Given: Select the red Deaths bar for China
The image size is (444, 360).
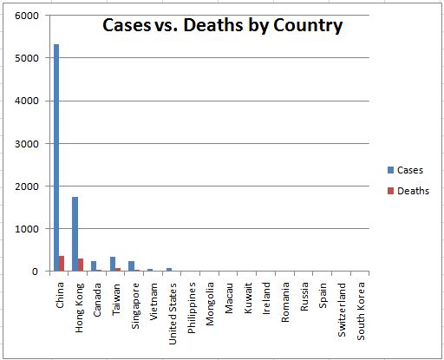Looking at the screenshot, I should (x=62, y=264).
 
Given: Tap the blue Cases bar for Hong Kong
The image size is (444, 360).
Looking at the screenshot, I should (x=75, y=234).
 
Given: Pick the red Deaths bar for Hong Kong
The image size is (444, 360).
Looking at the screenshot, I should (x=80, y=265).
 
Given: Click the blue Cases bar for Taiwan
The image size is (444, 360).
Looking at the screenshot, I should (x=112, y=264).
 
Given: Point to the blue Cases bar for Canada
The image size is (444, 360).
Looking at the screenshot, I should (x=94, y=265).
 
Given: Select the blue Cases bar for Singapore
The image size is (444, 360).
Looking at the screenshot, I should (x=131, y=265).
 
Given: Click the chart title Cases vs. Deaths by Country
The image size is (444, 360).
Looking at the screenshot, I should (x=222, y=26).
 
